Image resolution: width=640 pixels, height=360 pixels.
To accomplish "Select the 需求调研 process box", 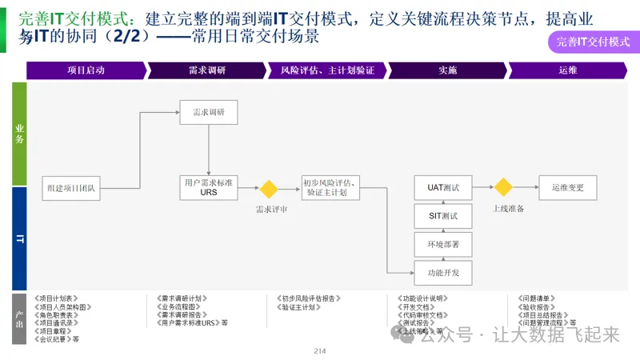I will tap(209, 112).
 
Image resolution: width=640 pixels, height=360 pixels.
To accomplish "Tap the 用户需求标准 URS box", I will tap(208, 188).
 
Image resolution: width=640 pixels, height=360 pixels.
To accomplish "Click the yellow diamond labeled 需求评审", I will tap(267, 190).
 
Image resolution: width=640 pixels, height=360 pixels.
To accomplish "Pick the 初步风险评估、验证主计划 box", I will tap(330, 188).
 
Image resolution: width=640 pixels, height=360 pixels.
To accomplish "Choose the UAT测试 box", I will tap(443, 188).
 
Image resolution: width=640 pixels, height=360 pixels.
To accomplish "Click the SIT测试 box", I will tap(443, 216).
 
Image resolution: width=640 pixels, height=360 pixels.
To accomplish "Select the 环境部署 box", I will tap(443, 244).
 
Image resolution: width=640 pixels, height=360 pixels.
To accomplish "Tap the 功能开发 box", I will tap(443, 273).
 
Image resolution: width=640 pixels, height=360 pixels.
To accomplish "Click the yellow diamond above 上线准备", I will tap(502, 188).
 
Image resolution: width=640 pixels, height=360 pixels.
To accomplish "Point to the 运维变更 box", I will tap(567, 188).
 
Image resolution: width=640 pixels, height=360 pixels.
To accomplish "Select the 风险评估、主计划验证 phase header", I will tap(327, 70).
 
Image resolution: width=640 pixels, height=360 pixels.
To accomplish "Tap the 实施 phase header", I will tap(447, 70).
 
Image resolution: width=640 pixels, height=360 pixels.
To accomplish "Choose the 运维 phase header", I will tap(568, 70).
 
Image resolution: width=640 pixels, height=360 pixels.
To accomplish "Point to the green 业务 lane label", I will tap(19, 134).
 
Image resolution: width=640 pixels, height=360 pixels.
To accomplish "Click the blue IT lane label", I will tap(19, 238).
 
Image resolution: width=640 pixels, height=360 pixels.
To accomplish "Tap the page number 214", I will tap(320, 351).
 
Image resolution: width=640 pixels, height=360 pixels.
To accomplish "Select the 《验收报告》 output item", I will tap(534, 306).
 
